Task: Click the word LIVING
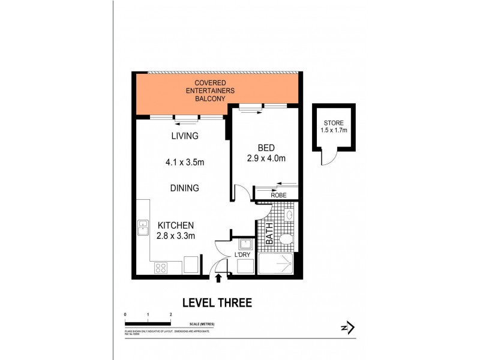pos(184,136)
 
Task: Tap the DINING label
pos(184,188)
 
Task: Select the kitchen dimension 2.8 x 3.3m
pos(176,236)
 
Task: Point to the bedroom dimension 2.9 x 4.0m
pos(265,159)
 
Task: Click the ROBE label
pos(278,195)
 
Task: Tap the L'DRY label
pos(243,255)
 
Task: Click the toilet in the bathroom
pos(286,240)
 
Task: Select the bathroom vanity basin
pos(289,215)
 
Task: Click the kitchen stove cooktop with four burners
pos(161,268)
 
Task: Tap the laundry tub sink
pos(245,244)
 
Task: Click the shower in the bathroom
pos(276,265)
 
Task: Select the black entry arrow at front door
pos(218,278)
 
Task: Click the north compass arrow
pos(346,328)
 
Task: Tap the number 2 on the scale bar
pos(171,314)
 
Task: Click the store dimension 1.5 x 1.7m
pos(334,130)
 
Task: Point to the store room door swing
pos(327,157)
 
